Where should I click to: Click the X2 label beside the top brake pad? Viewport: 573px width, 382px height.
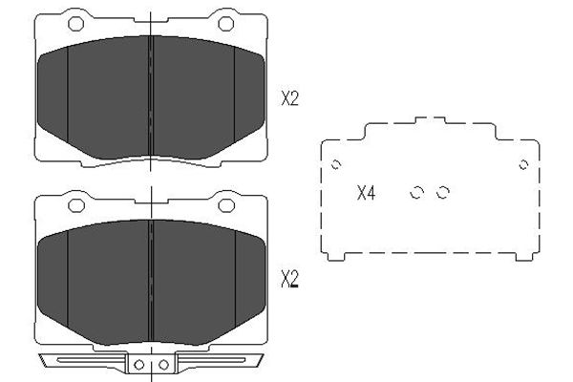(289, 98)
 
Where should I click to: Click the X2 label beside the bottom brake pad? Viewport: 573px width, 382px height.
(289, 280)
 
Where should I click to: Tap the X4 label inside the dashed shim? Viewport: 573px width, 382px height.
(366, 193)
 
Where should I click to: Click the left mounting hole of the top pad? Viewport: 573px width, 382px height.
(76, 24)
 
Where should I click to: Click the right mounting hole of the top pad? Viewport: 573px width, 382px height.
(225, 24)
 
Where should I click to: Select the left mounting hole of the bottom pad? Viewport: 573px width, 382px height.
(76, 205)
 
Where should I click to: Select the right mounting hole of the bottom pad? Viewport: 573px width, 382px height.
(226, 205)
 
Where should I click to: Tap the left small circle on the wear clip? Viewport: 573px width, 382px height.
(138, 365)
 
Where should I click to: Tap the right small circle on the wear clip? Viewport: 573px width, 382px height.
(163, 365)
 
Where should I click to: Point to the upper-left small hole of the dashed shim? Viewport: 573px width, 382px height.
(336, 165)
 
